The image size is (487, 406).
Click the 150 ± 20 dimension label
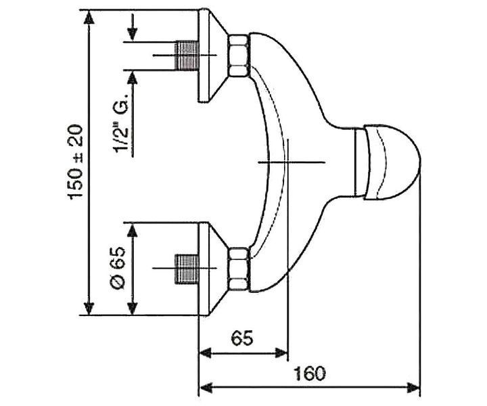point(76,162)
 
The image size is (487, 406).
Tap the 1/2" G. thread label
point(121,125)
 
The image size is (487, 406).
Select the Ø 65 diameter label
point(118,269)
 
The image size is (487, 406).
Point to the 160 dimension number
point(309,374)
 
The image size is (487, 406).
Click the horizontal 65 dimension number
point(242,338)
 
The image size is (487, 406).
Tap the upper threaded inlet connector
point(187,55)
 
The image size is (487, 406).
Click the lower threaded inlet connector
point(187,269)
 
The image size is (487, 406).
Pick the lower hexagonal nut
point(239,269)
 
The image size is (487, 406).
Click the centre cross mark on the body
point(288,162)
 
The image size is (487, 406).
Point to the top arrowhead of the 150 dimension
point(89,17)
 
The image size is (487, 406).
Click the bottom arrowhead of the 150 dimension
point(89,308)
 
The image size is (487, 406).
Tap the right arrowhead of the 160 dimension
point(413,387)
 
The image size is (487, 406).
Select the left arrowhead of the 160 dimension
point(206,387)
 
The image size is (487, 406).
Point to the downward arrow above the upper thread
point(133,27)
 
